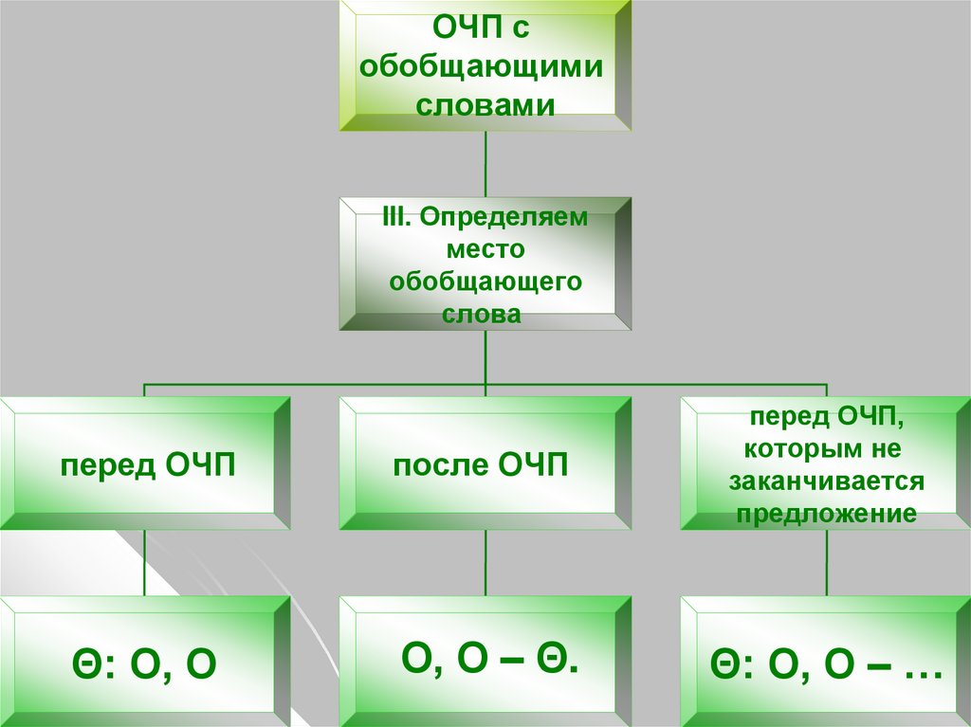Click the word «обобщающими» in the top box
point(485,68)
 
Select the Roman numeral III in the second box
point(394,217)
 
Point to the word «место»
point(485,249)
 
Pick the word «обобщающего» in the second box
point(485,282)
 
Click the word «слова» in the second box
point(482,314)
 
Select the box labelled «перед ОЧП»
point(147,464)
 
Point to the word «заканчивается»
point(826,481)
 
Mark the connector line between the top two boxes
point(485,163)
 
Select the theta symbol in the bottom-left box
point(82,665)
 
